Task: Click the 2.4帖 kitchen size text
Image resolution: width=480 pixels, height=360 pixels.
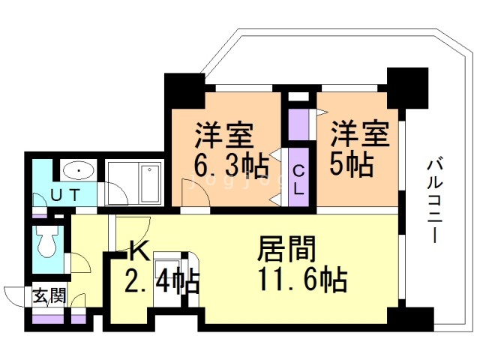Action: coord(162,283)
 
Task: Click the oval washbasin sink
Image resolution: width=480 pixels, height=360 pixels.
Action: coord(76,171)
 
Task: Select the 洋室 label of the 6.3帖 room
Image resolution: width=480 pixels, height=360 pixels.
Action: coord(223,134)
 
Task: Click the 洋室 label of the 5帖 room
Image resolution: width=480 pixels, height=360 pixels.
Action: coord(360,134)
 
